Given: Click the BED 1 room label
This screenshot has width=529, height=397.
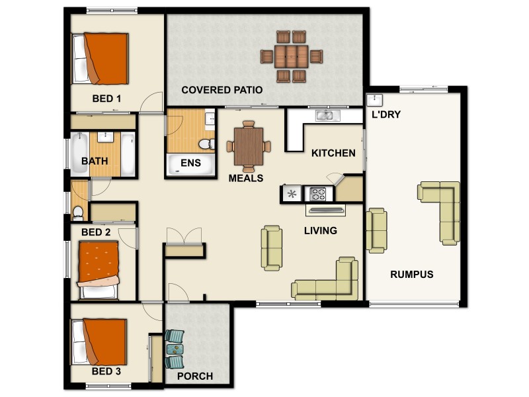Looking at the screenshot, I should click(x=106, y=99).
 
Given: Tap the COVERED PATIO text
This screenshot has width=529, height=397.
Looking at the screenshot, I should click(x=222, y=90).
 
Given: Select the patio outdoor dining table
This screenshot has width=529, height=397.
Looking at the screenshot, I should click(x=292, y=56).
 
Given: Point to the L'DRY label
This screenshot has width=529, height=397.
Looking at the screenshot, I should click(x=386, y=114).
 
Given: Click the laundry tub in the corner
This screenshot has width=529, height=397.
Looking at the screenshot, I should click(x=374, y=100).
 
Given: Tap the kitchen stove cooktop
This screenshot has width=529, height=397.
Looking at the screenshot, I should click(x=318, y=195).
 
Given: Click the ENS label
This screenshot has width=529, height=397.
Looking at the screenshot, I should click(x=190, y=163).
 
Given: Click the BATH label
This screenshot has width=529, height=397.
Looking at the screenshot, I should click(x=95, y=161).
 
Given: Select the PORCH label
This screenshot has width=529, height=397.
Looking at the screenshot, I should click(x=195, y=376).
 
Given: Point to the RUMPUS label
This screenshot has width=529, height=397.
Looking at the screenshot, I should click(x=411, y=274).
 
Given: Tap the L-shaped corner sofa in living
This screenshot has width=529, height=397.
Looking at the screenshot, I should click(x=331, y=282).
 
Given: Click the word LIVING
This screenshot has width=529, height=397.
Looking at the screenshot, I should click(x=321, y=231).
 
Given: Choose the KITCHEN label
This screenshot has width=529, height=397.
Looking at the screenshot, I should click(x=333, y=153).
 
